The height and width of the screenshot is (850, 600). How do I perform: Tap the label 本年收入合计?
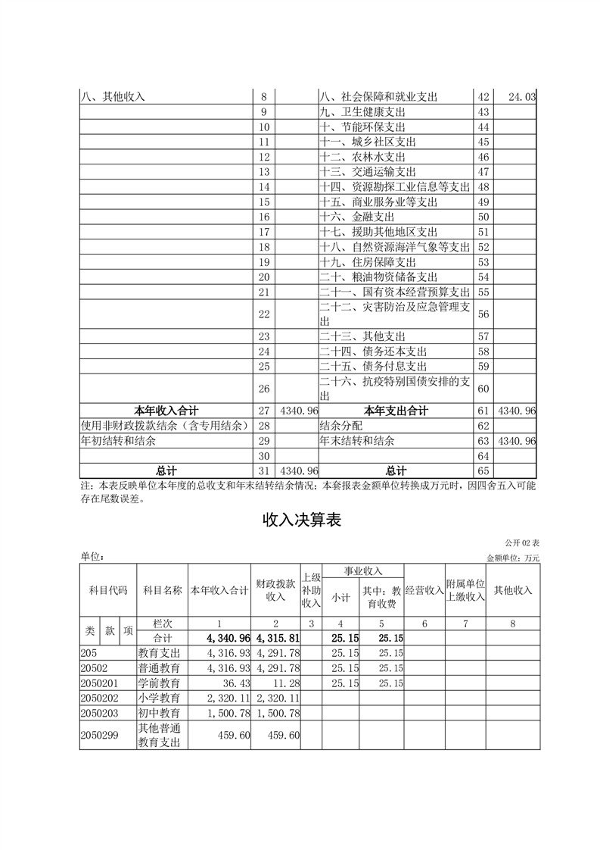[166, 411]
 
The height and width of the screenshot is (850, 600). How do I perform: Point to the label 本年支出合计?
[396, 411]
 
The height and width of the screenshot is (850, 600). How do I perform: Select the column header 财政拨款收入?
[275, 590]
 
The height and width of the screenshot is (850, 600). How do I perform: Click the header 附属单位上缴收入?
[465, 590]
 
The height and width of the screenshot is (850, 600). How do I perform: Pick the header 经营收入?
[424, 590]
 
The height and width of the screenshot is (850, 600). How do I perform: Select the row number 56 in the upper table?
[484, 314]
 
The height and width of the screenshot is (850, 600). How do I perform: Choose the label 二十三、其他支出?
[363, 336]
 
